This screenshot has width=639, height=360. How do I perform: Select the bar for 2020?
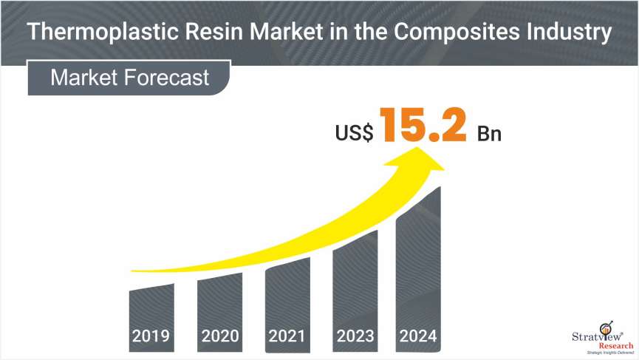pos(219,303)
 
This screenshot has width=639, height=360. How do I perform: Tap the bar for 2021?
pos(287,296)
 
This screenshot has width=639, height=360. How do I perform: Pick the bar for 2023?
pos(355,285)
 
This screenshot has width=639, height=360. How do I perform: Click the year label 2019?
pos(151,337)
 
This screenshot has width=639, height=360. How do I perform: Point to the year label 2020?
pos(219,337)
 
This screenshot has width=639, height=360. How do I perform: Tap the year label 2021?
pos(287,337)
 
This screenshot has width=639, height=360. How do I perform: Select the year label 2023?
pos(355,337)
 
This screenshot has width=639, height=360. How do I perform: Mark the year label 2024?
pos(419,337)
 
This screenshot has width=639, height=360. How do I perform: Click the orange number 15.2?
pos(423,126)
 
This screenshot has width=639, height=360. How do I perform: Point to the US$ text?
pos(354,134)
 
